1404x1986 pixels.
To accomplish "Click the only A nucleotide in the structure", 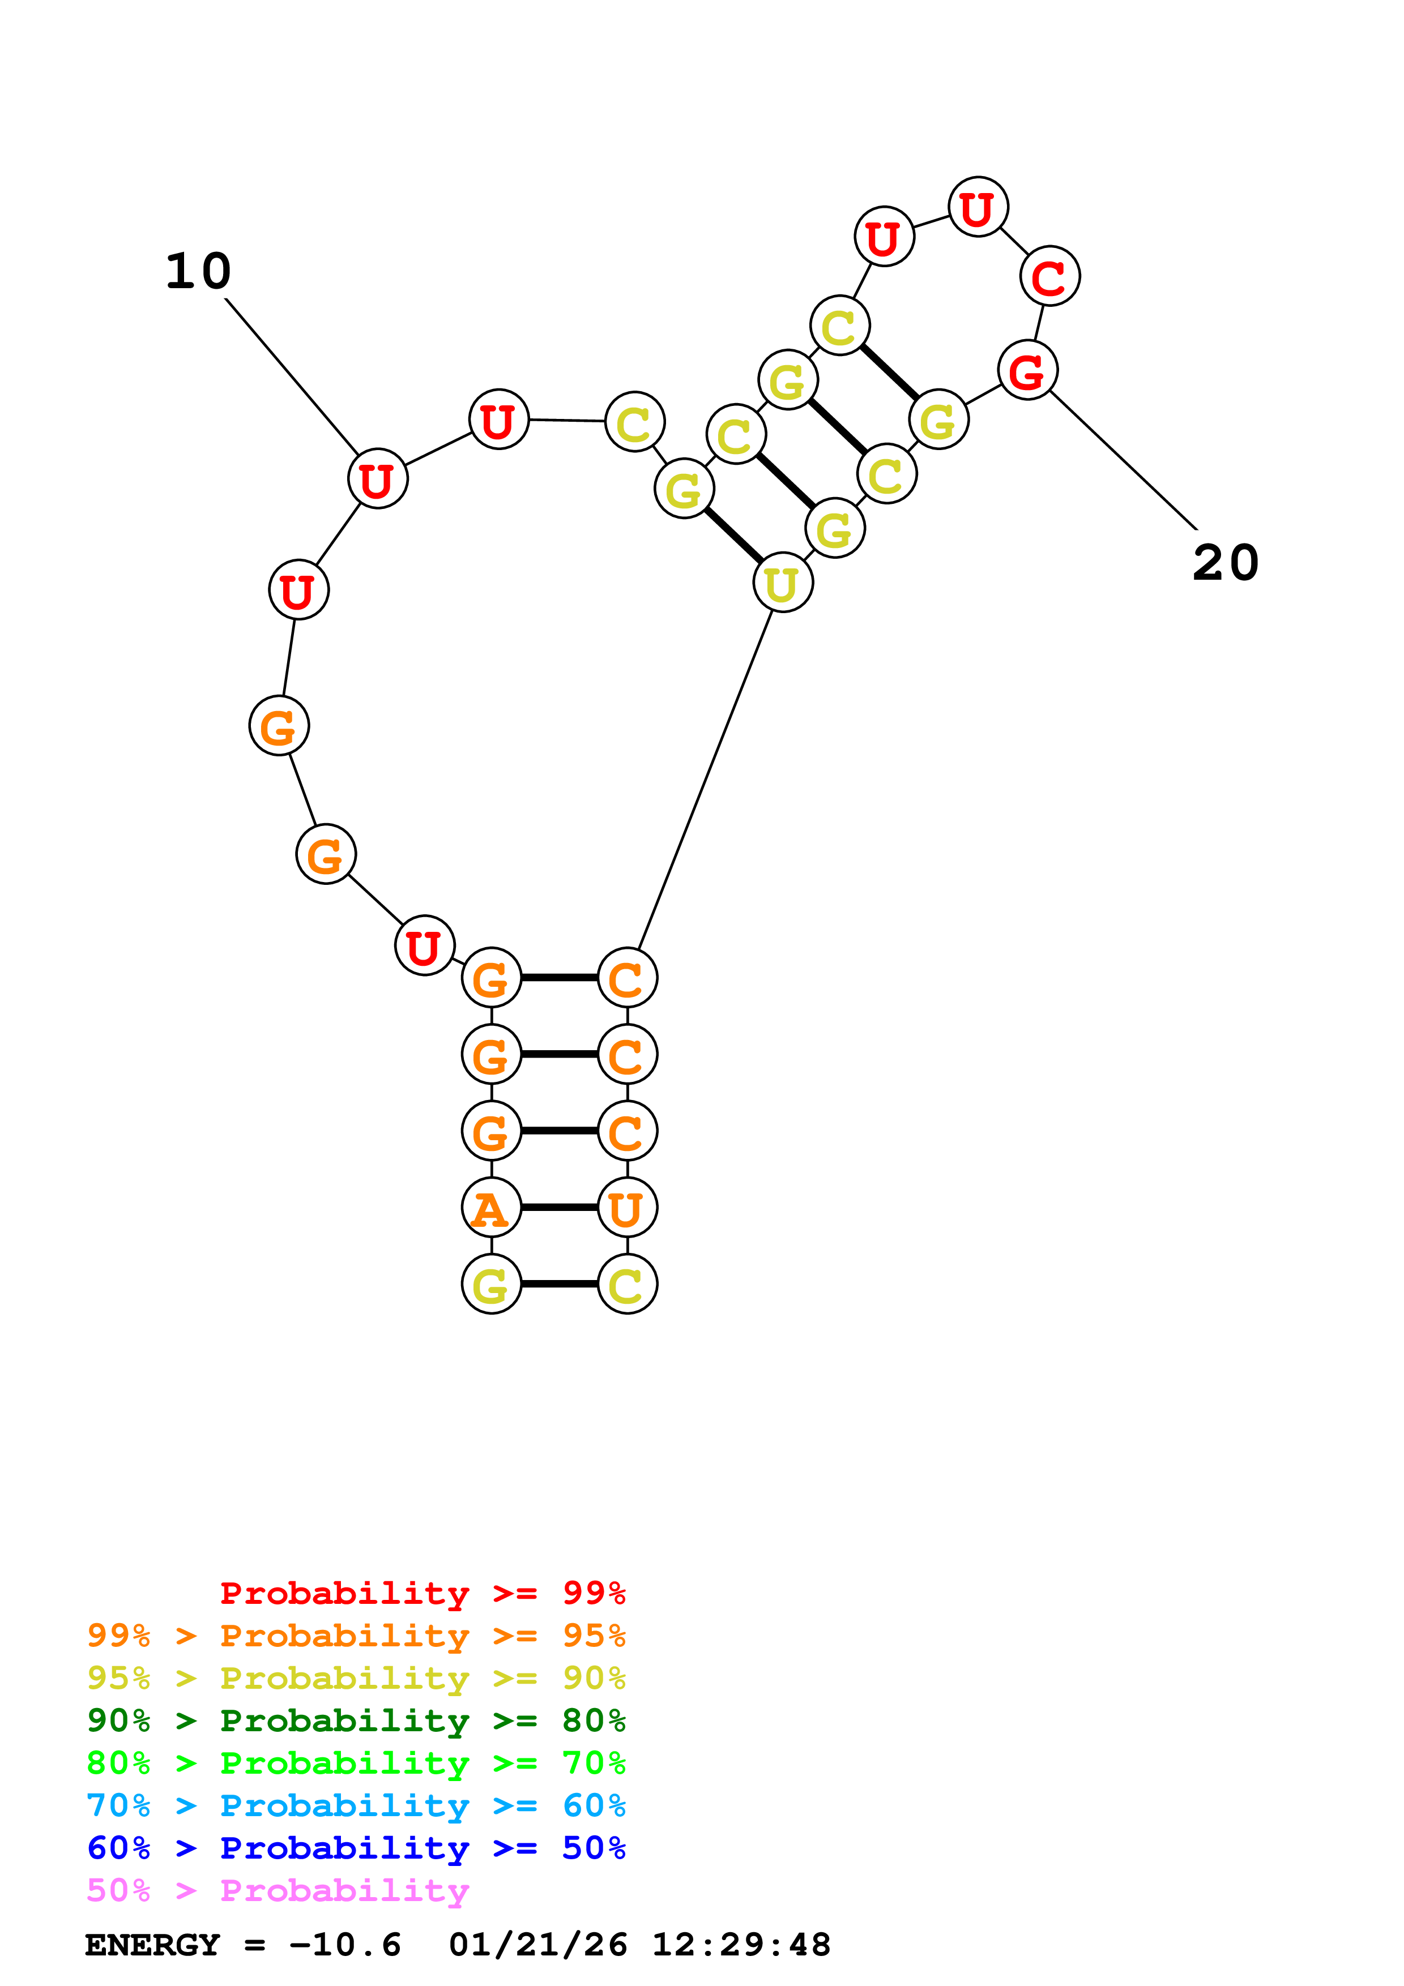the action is [492, 1208].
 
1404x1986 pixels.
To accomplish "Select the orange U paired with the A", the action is [627, 1208].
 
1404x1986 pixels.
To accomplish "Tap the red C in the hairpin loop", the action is [1049, 277].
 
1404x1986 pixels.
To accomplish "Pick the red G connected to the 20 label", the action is [1027, 371].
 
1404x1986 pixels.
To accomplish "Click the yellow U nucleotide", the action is [783, 583].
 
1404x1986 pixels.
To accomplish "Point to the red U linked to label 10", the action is [377, 479].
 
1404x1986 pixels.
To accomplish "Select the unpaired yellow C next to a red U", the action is [635, 422].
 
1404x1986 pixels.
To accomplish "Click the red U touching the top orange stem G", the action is [424, 945].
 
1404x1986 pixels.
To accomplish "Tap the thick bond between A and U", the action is [559, 1208].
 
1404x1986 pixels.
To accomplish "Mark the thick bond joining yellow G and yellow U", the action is [733, 536].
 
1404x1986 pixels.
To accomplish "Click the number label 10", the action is [198, 272].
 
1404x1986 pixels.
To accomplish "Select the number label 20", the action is [1225, 563].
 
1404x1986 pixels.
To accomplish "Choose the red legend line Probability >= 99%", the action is [422, 1593].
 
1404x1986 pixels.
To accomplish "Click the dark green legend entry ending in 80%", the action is [356, 1720].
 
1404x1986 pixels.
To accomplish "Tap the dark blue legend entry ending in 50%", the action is [356, 1848].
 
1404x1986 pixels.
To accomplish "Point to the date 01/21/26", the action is [537, 1945].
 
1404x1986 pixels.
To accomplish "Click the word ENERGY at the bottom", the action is [152, 1945].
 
